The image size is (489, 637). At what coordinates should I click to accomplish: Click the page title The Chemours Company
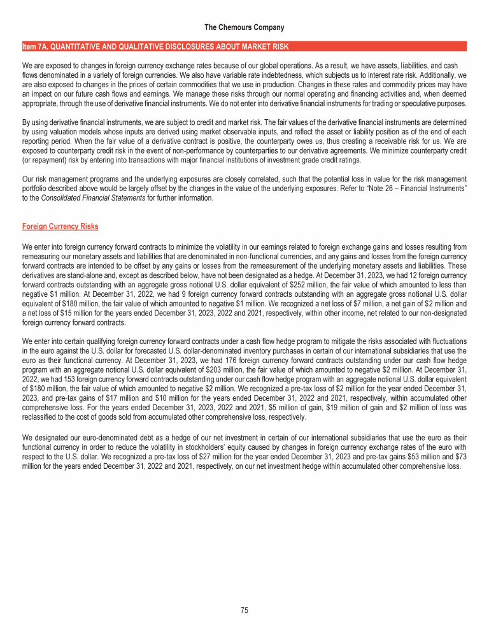pyautogui.click(x=244, y=27)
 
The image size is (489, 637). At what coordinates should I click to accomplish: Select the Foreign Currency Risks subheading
pyautogui.click(x=60, y=226)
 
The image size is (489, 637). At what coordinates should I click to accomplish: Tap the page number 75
pyautogui.click(x=244, y=610)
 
